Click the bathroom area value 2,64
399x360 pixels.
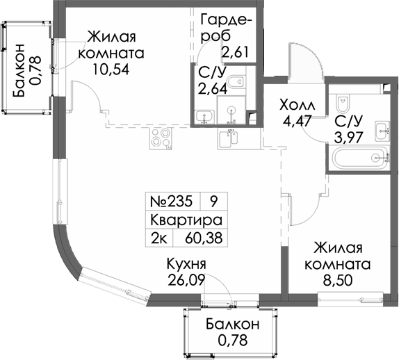[x=213, y=89]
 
